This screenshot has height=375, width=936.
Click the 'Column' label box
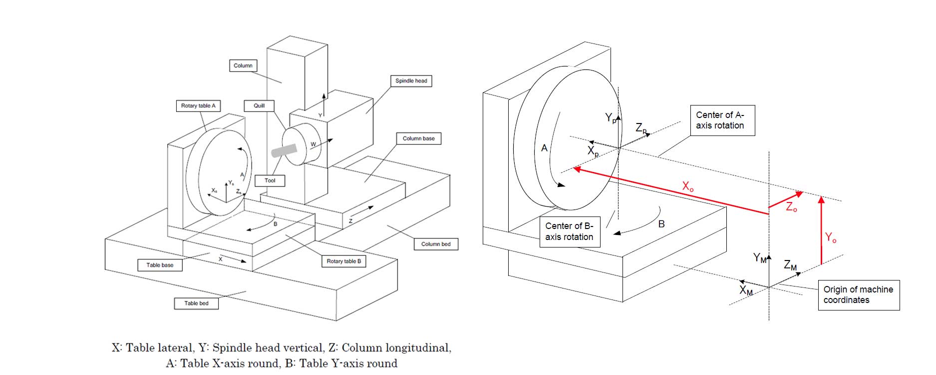pyautogui.click(x=243, y=65)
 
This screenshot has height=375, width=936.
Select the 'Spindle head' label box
pyautogui.click(x=411, y=81)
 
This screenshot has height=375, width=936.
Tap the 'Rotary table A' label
pyautogui.click(x=198, y=106)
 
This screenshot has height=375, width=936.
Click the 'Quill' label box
pyautogui.click(x=259, y=106)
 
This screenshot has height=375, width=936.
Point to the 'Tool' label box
pyautogui.click(x=270, y=180)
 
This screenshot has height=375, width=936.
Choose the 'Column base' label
pyautogui.click(x=418, y=138)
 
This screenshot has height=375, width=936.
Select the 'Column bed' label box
pyautogui.click(x=436, y=244)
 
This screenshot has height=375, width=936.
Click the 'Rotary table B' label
pyautogui.click(x=343, y=261)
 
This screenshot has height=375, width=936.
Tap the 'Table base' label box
pyautogui.click(x=160, y=265)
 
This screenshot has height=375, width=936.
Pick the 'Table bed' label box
pyautogui.click(x=196, y=303)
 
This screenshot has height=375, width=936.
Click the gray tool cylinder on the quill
pyautogui.click(x=284, y=150)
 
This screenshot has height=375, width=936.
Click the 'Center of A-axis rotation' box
pyautogui.click(x=722, y=120)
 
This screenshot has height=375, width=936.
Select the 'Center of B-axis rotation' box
pyautogui.click(x=569, y=231)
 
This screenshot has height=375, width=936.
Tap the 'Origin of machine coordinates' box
pyautogui.click(x=858, y=295)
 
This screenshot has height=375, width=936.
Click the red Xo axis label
pyautogui.click(x=688, y=187)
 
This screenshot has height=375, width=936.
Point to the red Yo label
pyautogui.click(x=830, y=238)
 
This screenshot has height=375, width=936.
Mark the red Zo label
pyautogui.click(x=791, y=207)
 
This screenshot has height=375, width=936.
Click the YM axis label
pyautogui.click(x=759, y=258)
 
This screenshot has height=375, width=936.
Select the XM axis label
pyautogui.click(x=746, y=290)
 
